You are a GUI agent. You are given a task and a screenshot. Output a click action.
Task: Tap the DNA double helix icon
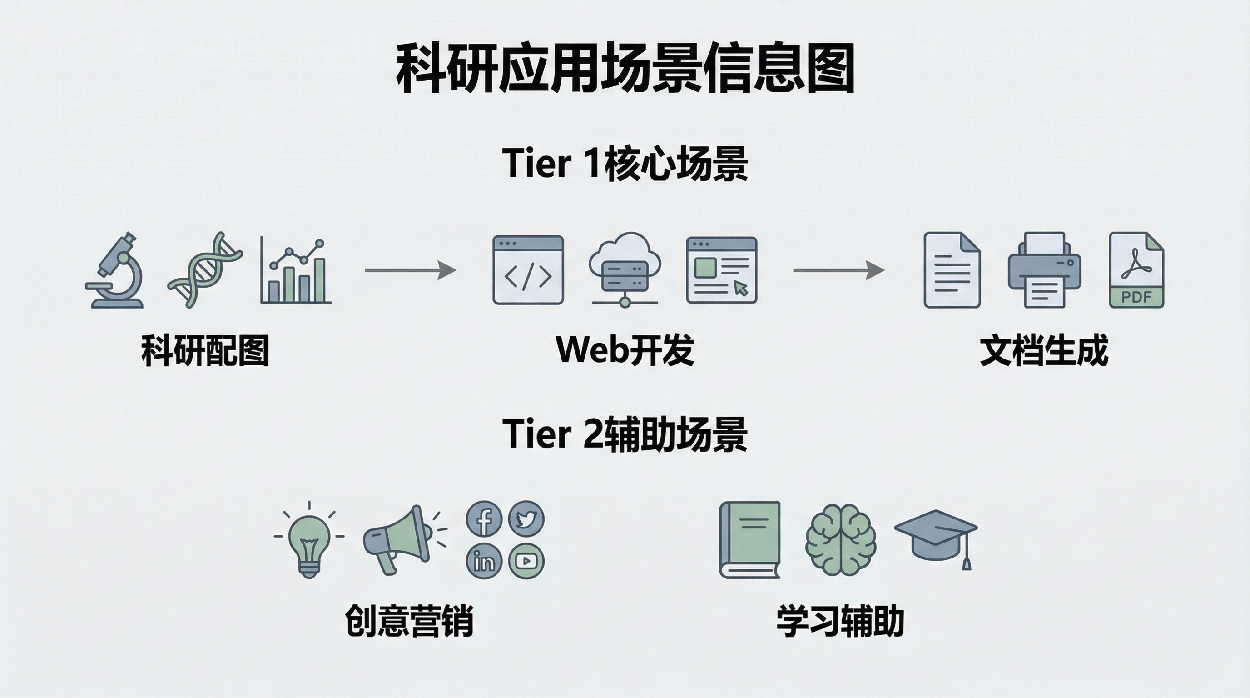(x=205, y=269)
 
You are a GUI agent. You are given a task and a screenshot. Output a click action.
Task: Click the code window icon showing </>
(x=528, y=270)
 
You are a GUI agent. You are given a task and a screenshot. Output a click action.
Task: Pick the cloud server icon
(x=625, y=269)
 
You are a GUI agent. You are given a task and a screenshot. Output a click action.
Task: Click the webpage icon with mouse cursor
(x=722, y=270)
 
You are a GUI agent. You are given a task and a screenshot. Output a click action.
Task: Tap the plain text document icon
(x=952, y=270)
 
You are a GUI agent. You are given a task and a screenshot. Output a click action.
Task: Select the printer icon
(x=1044, y=270)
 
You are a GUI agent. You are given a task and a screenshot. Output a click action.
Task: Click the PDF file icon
(x=1136, y=270)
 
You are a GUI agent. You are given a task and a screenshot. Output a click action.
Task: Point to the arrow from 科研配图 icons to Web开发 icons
(x=411, y=270)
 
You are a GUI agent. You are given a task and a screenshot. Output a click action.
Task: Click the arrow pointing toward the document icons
(x=838, y=270)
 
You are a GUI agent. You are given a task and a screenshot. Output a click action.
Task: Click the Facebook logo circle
(x=484, y=519)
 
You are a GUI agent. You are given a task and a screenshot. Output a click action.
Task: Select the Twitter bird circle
(x=526, y=519)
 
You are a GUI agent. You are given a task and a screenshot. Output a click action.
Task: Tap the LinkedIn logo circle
(x=484, y=561)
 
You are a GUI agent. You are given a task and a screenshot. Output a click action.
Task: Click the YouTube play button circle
(x=526, y=561)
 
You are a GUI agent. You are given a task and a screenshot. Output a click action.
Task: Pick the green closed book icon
(x=750, y=540)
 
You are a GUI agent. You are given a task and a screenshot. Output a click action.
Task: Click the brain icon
(x=840, y=540)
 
